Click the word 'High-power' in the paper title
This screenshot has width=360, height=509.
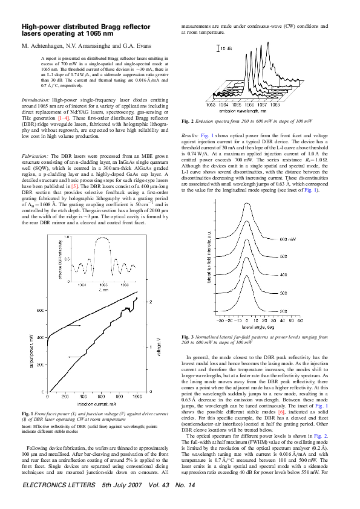point(41,28)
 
